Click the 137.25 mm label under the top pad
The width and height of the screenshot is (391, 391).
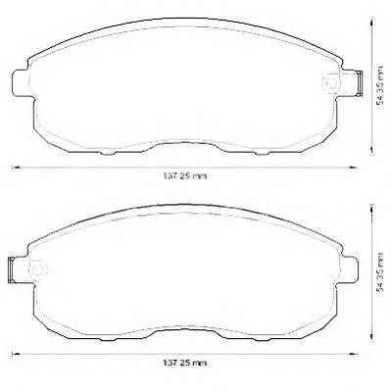tap(185, 176)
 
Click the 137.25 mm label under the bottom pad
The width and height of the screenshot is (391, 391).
tap(185, 363)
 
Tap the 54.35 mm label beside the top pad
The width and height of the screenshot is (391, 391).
tap(379, 85)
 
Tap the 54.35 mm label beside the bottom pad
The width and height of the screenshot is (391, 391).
tap(379, 272)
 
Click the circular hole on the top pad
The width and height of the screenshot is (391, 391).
tap(331, 83)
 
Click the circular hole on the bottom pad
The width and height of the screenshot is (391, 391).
tap(38, 269)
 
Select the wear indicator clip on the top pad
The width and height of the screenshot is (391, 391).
tap(359, 83)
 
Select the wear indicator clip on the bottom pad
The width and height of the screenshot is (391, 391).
tap(11, 269)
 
